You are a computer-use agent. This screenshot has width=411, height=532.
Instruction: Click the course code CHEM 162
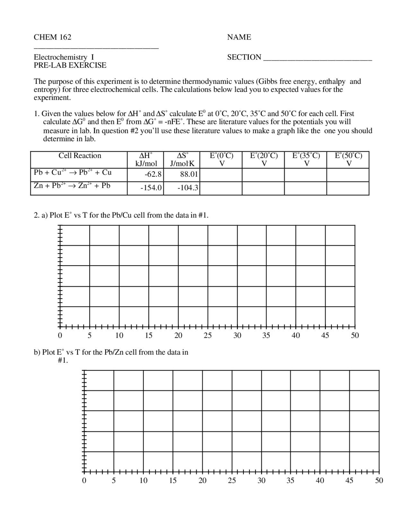point(53,37)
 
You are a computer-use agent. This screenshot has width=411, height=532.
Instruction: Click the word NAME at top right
point(239,37)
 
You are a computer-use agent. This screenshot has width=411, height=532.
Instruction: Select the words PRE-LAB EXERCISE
point(70,65)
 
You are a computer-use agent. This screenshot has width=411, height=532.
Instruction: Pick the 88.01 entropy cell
point(189,175)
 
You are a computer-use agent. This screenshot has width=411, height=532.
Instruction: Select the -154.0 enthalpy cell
point(151,188)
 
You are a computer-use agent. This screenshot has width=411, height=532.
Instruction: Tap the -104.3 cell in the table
point(188,188)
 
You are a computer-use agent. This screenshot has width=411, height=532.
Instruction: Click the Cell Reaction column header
point(80,156)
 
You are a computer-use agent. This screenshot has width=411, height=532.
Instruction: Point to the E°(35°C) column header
point(306,159)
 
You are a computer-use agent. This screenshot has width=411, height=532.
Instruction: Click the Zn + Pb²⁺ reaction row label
point(72,186)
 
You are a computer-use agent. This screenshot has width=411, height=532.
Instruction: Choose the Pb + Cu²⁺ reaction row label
point(73,173)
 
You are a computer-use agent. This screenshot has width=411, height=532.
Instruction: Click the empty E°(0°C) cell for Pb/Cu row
point(221,175)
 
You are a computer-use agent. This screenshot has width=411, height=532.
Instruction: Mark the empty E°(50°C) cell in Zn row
point(348,188)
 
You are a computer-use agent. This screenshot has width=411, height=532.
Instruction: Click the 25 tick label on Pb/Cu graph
point(208,336)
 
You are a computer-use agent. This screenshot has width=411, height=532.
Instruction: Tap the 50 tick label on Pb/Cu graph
point(355,336)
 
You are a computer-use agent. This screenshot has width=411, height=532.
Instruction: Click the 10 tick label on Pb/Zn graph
point(143,481)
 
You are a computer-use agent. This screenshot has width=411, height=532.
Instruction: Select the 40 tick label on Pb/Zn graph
point(320,481)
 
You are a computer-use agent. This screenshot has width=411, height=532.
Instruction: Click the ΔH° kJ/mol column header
point(146,159)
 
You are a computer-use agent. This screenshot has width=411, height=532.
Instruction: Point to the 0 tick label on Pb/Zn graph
point(84,481)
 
